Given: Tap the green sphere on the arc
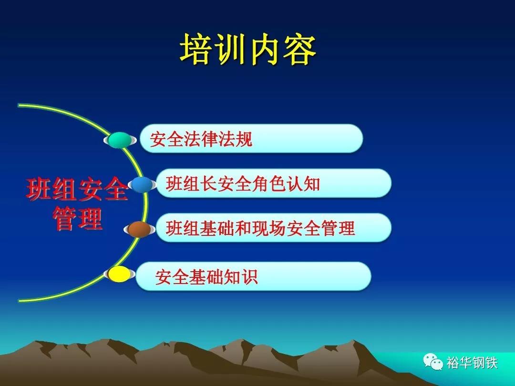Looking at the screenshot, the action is (x=120, y=140).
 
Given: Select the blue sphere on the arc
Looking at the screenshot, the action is (x=143, y=184).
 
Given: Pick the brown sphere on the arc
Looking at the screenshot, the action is (x=139, y=229).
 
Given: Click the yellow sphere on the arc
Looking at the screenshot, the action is (x=119, y=274).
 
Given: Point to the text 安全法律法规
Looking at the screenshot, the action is (x=201, y=139).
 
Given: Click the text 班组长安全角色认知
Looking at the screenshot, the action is (x=243, y=183).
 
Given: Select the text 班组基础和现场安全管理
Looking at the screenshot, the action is (x=260, y=228).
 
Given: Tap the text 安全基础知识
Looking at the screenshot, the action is (x=206, y=277).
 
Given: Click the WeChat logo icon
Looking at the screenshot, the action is (x=433, y=362).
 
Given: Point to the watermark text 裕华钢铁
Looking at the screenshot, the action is (x=472, y=363).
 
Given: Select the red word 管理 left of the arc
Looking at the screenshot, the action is (x=78, y=218).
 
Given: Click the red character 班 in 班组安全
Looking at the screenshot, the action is (x=39, y=189).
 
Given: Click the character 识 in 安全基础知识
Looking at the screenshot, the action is (x=249, y=277).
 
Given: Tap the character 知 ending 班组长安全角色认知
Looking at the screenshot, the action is (x=311, y=183).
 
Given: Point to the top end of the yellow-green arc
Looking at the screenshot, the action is (x=19, y=105).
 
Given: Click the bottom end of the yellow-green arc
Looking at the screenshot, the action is (x=19, y=300).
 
